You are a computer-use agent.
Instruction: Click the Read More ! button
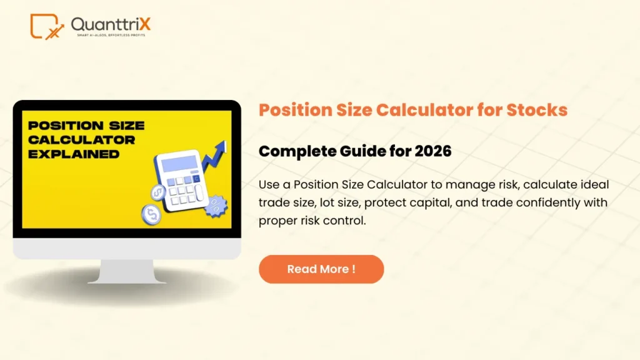(x=321, y=269)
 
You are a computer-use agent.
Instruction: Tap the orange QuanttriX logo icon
(x=47, y=26)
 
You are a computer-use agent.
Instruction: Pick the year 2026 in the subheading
(x=432, y=151)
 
